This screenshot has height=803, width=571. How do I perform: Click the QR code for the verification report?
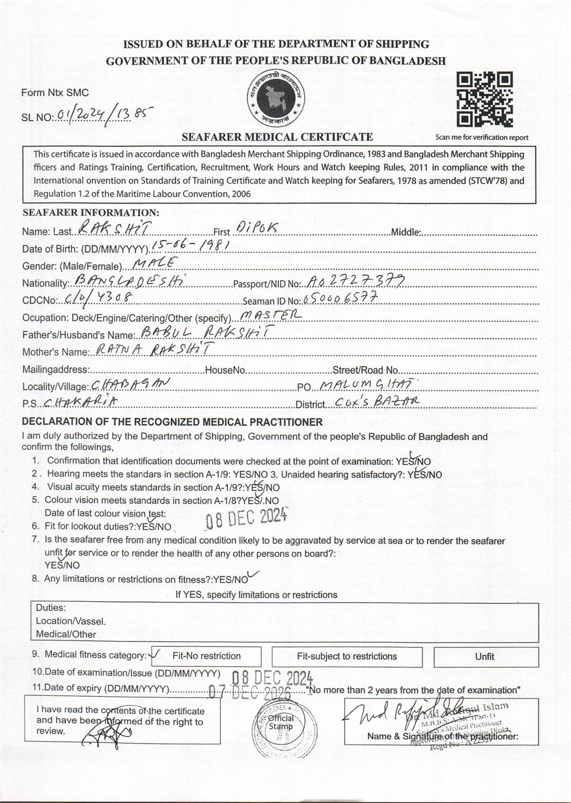click(x=484, y=99)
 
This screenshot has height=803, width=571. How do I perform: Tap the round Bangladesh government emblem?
click(x=275, y=97)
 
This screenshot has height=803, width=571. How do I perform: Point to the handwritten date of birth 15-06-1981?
click(x=191, y=245)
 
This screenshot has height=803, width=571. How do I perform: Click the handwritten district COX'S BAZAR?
click(x=377, y=401)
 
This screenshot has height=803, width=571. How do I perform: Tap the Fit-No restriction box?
click(x=206, y=656)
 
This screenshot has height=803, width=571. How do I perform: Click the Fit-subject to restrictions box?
click(x=347, y=656)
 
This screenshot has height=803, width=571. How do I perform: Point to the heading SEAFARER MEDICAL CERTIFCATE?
click(x=277, y=137)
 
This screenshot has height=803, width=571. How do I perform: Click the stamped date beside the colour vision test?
click(x=246, y=518)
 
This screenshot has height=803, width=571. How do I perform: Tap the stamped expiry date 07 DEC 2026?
click(x=249, y=693)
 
